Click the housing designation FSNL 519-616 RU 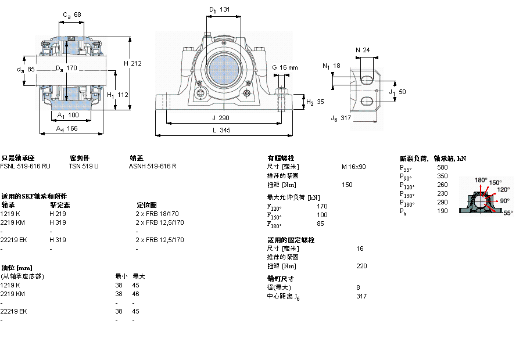tap(25, 166)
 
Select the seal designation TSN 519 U tap(84, 166)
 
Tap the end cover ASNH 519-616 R tap(152, 166)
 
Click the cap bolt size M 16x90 tap(353, 167)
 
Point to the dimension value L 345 tap(221, 131)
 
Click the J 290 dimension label tap(220, 118)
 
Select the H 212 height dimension tap(133, 63)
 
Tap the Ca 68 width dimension tap(73, 15)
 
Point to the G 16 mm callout tap(285, 67)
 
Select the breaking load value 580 tap(442, 167)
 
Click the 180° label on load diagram tap(481, 180)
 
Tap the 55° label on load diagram tap(507, 213)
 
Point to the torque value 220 tap(362, 267)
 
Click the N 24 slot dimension tap(363, 50)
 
